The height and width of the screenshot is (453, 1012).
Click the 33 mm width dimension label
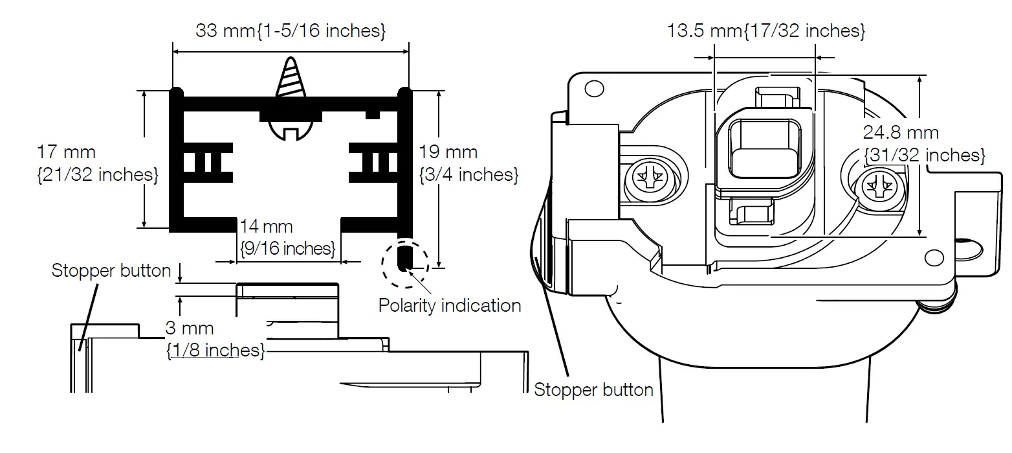coord(291,30)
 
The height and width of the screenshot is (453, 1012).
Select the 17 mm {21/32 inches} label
coord(97,163)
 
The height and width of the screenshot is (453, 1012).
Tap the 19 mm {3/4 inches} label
coord(468,163)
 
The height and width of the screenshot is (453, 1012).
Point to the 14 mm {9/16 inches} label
coord(287,237)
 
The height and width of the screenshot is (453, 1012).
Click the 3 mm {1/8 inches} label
coord(215,339)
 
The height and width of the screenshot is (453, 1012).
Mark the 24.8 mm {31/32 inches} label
coord(923,144)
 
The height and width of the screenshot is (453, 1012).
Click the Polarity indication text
coord(450,305)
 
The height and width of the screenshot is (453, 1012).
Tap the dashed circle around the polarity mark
coord(405,264)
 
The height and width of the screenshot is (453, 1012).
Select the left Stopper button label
coord(111,270)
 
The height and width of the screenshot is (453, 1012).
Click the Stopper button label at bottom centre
coord(593,389)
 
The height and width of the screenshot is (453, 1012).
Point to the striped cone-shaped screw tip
coord(290,78)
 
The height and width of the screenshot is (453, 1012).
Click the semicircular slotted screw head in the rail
coord(291,130)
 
